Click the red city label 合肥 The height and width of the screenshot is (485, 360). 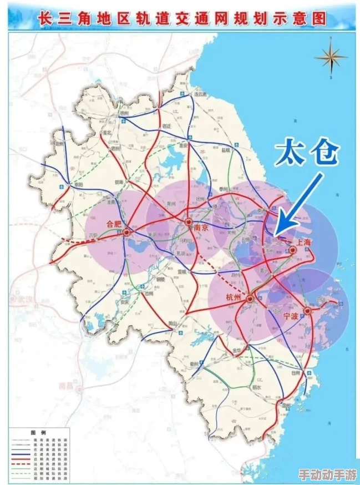coord(113,224)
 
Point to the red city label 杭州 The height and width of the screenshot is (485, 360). coord(235,297)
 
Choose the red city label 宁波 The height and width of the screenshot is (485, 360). coord(291,316)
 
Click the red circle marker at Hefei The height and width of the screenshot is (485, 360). coord(128,233)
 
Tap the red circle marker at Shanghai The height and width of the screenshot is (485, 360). coord(292,251)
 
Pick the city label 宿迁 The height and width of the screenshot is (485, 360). coord(165,126)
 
